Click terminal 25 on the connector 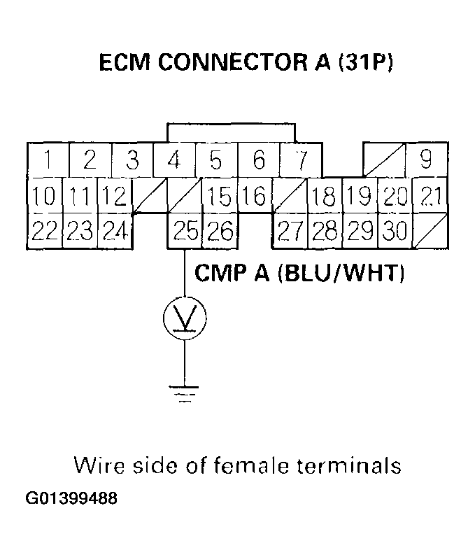(x=185, y=230)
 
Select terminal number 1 (x=48, y=160)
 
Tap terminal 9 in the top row (x=426, y=160)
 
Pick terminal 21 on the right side (x=430, y=196)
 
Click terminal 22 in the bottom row (x=44, y=230)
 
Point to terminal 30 (x=395, y=230)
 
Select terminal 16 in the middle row (x=256, y=196)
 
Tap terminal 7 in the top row (x=301, y=160)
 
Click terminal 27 (x=290, y=230)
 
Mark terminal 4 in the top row (x=174, y=160)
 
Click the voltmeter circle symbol (x=185, y=319)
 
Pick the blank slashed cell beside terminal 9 (x=384, y=160)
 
